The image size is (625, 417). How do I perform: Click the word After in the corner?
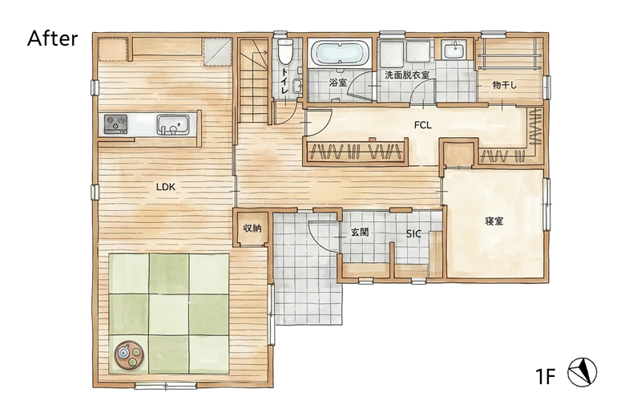click(x=53, y=38)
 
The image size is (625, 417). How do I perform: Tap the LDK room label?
click(x=166, y=187)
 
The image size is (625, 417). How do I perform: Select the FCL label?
click(x=423, y=124)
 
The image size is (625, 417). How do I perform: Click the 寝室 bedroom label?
click(x=494, y=221)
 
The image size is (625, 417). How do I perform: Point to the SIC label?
click(x=413, y=234)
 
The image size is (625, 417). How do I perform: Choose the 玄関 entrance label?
click(x=360, y=233)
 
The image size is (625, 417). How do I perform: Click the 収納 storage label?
click(x=252, y=229)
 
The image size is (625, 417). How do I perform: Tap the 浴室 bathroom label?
click(x=338, y=83)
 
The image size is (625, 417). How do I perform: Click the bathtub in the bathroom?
click(x=340, y=55)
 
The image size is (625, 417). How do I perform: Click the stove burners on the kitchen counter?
click(x=115, y=123)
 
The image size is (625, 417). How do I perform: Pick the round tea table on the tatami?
click(x=128, y=353)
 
